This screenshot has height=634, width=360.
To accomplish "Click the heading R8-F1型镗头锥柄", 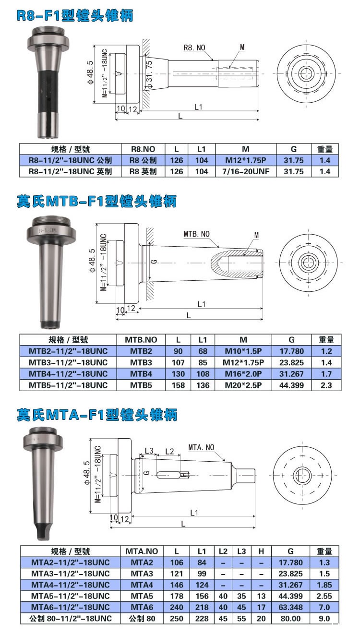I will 75,16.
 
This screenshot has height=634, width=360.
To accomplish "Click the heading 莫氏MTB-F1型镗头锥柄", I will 96,201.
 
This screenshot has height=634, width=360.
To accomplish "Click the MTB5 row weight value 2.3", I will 326,385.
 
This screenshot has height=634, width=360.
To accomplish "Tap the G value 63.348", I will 290,607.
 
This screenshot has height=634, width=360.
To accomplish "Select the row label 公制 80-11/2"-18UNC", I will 71,618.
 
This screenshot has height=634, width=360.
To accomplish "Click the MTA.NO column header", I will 142,551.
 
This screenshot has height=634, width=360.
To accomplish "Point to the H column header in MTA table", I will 261,551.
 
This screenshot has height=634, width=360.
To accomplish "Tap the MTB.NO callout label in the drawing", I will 196,234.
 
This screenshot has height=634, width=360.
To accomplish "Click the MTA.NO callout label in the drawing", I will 201,447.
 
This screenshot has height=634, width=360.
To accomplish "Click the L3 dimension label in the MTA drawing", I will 149,451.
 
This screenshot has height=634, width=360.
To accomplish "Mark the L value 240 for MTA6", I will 177,607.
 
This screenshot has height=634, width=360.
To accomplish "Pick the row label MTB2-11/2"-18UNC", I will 68,351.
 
